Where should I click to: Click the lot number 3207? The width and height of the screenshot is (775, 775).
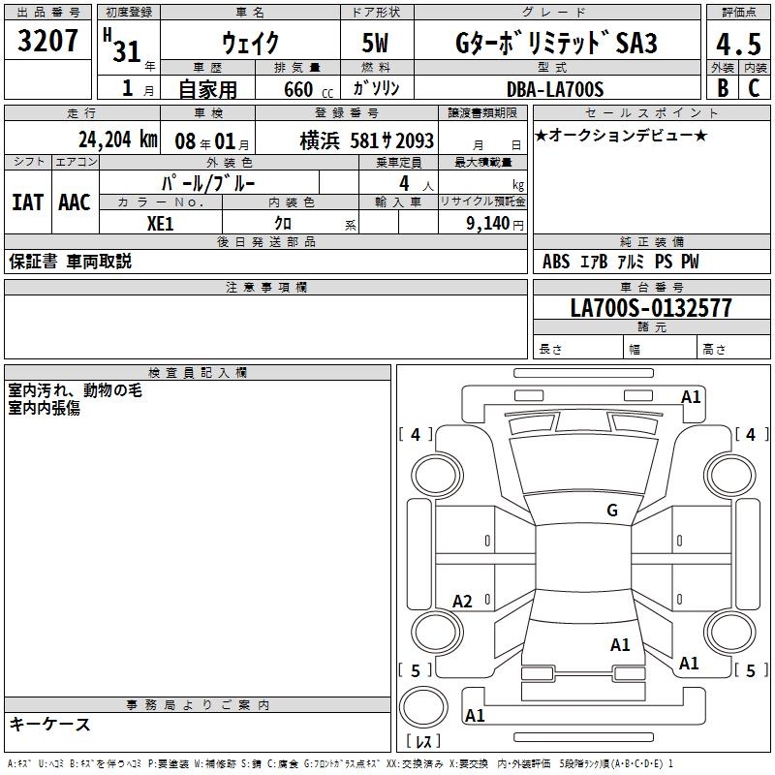click(x=47, y=40)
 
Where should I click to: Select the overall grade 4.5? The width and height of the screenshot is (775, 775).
click(x=738, y=44)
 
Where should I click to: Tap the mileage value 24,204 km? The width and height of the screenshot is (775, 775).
click(x=118, y=139)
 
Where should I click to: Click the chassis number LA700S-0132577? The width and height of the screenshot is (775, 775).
click(x=651, y=308)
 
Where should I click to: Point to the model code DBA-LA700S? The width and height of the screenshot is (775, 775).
click(x=555, y=89)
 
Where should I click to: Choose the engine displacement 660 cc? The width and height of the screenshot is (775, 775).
click(x=308, y=90)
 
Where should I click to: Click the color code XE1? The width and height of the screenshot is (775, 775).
click(x=160, y=224)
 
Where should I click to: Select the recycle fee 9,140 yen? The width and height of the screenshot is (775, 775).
click(x=495, y=224)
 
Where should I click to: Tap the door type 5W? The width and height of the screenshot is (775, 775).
click(x=375, y=43)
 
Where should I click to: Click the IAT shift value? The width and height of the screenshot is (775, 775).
click(x=27, y=202)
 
